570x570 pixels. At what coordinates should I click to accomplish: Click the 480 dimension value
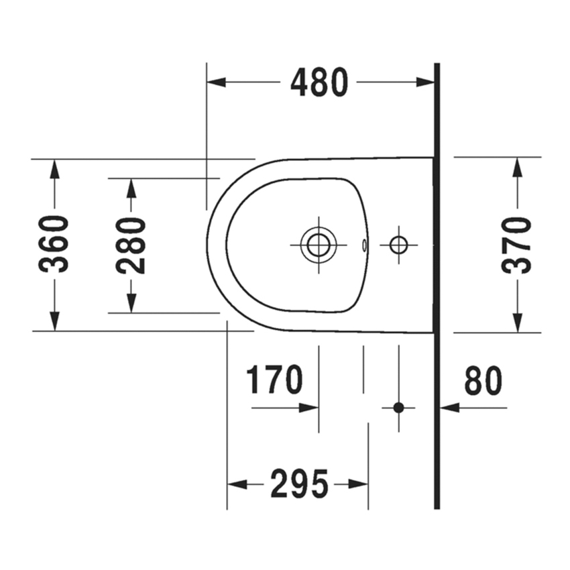(319, 82)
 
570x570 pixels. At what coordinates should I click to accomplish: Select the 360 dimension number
(54, 244)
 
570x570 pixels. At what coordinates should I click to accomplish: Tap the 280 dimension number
(131, 245)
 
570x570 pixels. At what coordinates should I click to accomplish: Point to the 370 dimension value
(516, 245)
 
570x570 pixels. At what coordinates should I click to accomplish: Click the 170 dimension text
(274, 380)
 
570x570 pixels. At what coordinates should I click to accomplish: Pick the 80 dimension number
(483, 381)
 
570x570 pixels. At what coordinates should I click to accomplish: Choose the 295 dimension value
(299, 484)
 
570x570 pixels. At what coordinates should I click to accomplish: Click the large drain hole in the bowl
(319, 245)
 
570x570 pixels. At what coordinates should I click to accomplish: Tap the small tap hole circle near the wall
(398, 245)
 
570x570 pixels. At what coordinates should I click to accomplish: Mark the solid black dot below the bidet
(399, 408)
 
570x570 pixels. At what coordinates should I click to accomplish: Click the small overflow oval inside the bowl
(365, 245)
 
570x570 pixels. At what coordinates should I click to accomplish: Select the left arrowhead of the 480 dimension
(217, 82)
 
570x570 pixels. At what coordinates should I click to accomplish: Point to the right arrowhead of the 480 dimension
(425, 82)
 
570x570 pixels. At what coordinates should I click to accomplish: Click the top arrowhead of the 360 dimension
(54, 169)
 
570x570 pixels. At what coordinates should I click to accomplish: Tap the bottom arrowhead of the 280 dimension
(131, 303)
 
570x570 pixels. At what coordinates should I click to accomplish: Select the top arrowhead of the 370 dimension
(518, 167)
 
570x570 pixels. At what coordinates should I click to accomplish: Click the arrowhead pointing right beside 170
(309, 408)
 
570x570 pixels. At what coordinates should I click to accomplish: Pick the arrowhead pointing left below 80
(450, 408)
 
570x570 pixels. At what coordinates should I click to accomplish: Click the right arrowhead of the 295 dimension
(359, 484)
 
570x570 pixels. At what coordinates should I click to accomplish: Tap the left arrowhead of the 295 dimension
(237, 484)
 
